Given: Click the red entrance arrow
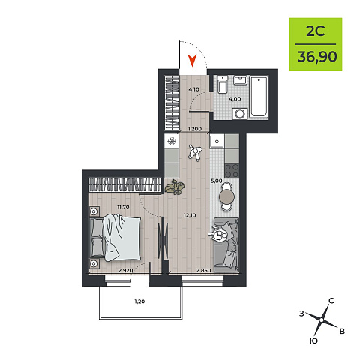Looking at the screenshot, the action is (192, 61).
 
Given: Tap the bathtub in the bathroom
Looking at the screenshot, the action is (259, 97).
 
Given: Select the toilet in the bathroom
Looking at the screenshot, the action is (222, 84).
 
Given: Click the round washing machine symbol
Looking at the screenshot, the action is (241, 114).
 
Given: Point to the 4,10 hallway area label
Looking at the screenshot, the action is (193, 89).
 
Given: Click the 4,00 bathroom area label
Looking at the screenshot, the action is (235, 99).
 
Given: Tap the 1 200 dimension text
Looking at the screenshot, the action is (195, 129).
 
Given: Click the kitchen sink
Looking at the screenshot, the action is (217, 142).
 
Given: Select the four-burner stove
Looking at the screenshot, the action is (232, 170).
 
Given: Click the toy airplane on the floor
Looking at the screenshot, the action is (195, 152).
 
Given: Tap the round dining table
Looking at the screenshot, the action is (227, 197).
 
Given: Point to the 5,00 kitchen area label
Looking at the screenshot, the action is (216, 181).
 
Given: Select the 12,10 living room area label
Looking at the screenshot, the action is (190, 215).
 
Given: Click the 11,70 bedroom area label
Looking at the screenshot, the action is (123, 207).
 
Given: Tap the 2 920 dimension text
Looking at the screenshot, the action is (126, 270).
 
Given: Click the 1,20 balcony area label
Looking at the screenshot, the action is (139, 301).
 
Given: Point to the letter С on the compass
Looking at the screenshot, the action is (331, 301).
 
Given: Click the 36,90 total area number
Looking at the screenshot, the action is (317, 57).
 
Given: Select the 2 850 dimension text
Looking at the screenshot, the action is (203, 270).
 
